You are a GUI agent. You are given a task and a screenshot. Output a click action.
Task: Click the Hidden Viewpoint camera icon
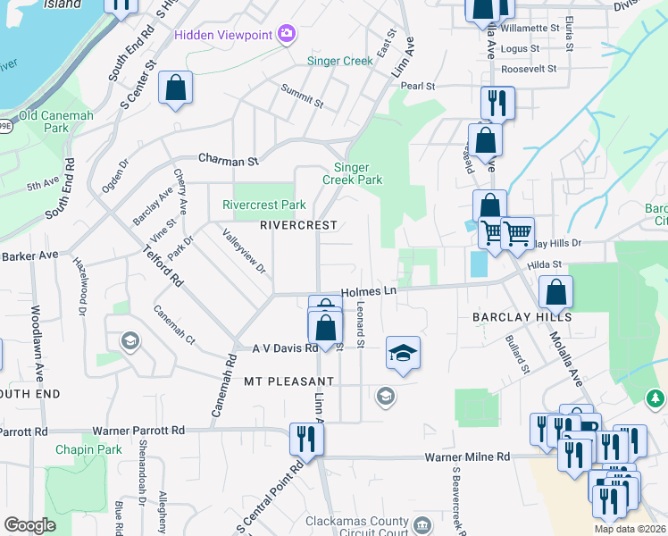pos(287,35)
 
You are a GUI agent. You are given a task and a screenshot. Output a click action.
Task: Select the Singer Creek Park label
pos(357,173)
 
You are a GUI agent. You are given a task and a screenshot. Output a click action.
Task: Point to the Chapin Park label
pos(88,449)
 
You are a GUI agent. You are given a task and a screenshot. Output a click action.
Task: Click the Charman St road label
pos(228,161)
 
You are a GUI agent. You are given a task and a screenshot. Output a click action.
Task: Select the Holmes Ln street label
pos(368,292)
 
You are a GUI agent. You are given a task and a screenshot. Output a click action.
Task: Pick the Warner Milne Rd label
pos(466,456)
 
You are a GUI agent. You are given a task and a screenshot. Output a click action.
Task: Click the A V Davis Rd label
pos(285,348)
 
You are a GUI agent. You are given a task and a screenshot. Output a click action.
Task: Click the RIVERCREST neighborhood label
pos(298,226)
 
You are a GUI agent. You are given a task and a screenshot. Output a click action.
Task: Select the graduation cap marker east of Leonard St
pos(403,354)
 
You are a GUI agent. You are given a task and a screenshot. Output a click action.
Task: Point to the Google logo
pos(29,525)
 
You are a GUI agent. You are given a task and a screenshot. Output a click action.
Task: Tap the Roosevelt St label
pos(529,68)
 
